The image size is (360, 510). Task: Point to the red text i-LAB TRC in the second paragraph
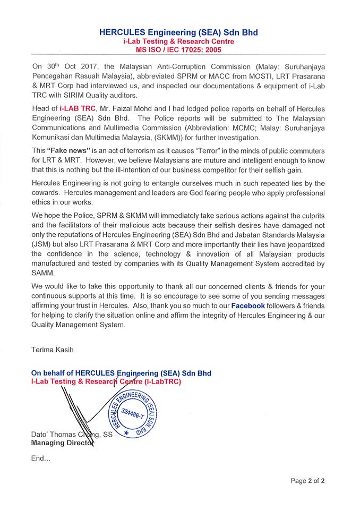coord(78,108)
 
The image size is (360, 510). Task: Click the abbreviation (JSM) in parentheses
coord(43,243)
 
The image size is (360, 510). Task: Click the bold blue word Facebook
coord(233,306)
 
